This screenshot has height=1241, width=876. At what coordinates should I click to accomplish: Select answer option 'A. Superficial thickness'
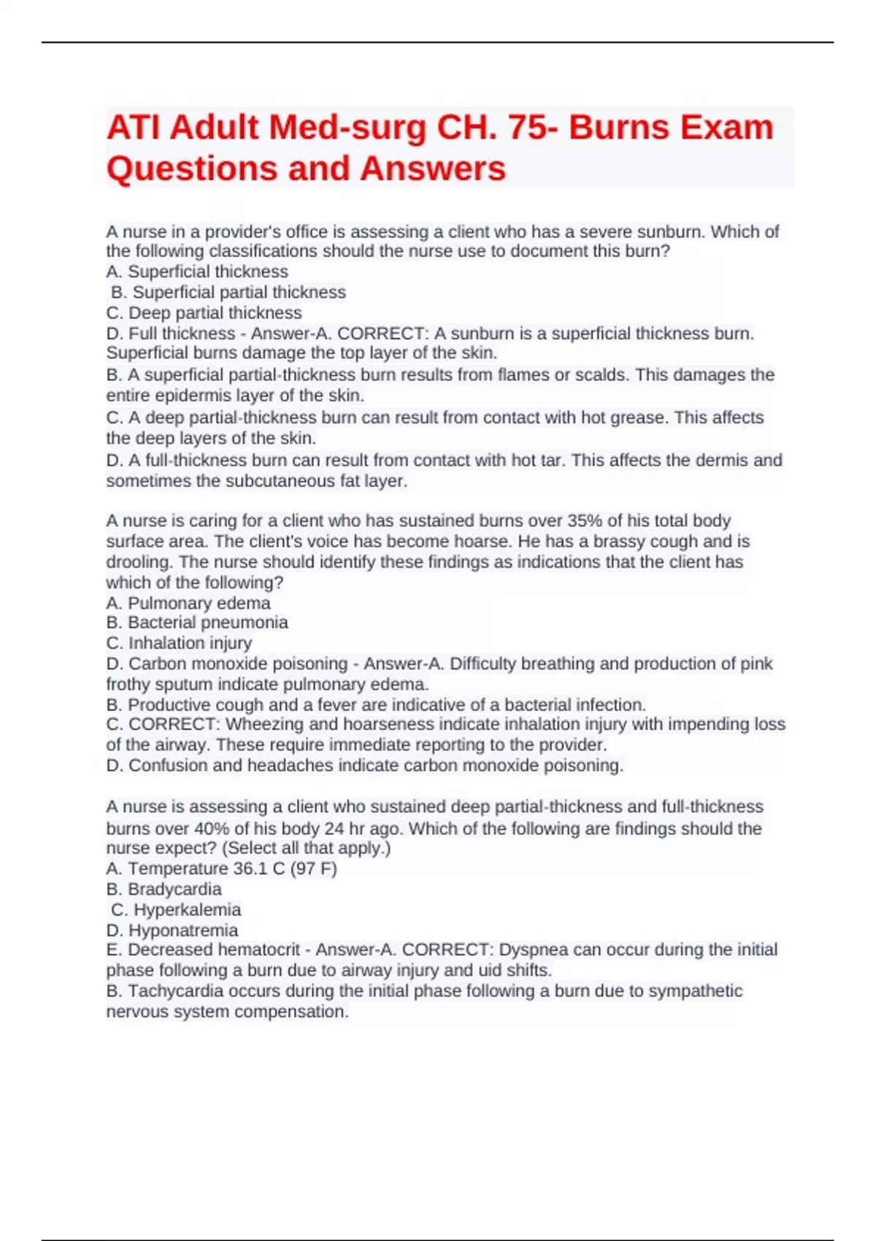(197, 272)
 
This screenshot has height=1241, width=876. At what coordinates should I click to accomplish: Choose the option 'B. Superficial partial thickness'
(228, 292)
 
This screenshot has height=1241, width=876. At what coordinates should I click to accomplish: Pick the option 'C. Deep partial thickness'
(204, 312)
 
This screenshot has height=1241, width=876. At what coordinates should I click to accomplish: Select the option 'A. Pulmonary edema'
(188, 603)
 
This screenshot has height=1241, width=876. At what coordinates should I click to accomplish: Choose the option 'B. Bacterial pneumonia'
(197, 623)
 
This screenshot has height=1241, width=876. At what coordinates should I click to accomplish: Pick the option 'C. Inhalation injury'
(179, 643)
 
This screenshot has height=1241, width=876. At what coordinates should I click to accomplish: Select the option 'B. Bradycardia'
(164, 889)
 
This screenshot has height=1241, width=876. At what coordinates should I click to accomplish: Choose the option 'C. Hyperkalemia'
(176, 910)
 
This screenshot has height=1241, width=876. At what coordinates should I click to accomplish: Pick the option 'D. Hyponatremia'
(172, 930)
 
